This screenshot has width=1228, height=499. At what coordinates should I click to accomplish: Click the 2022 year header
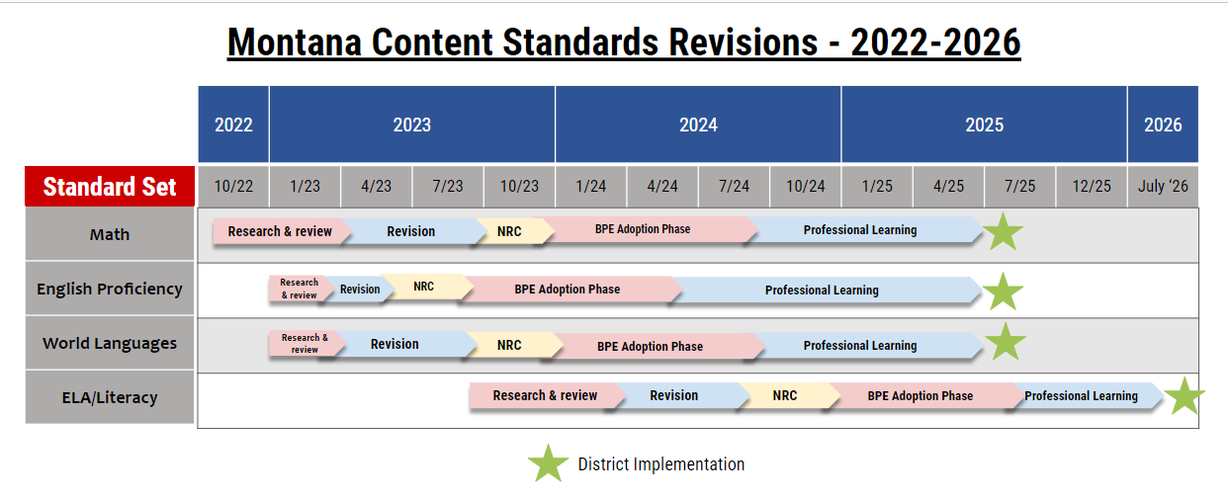click(x=233, y=125)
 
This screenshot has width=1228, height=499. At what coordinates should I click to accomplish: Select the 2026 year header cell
click(x=1163, y=125)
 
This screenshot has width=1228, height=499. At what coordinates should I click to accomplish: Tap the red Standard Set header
click(x=110, y=186)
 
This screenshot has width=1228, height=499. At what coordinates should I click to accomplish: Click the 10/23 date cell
click(x=519, y=186)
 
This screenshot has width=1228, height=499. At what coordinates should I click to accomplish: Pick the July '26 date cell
click(x=1163, y=186)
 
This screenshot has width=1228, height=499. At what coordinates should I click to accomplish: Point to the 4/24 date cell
click(x=662, y=186)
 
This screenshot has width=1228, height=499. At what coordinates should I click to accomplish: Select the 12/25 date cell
click(x=1092, y=186)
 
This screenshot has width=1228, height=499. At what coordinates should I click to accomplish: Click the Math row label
click(x=110, y=234)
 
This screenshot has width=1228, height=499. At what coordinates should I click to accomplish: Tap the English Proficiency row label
click(x=110, y=289)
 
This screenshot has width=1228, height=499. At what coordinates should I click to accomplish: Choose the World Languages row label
click(x=110, y=343)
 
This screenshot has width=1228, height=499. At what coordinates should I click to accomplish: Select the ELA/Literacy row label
click(x=110, y=397)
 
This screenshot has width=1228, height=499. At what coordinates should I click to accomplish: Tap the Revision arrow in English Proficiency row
click(x=360, y=290)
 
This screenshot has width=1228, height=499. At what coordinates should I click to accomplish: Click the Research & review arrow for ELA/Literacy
click(x=547, y=395)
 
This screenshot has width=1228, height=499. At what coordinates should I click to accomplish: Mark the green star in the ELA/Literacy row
click(x=1184, y=396)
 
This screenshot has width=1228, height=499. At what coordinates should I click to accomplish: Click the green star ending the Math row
click(x=1004, y=232)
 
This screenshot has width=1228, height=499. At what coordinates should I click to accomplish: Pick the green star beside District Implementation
click(x=548, y=464)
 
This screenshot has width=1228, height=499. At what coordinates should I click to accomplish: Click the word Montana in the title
click(x=295, y=42)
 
